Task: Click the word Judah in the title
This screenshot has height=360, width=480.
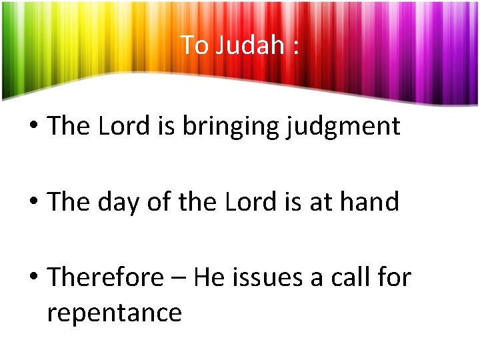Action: coord(249,45)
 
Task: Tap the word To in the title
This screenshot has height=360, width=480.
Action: coord(195,45)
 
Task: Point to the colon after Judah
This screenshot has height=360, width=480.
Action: coord(294,47)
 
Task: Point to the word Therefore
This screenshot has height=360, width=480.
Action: coord(105,277)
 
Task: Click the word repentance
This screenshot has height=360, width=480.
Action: coord(114,312)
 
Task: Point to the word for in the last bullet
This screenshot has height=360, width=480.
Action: coord(397,277)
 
